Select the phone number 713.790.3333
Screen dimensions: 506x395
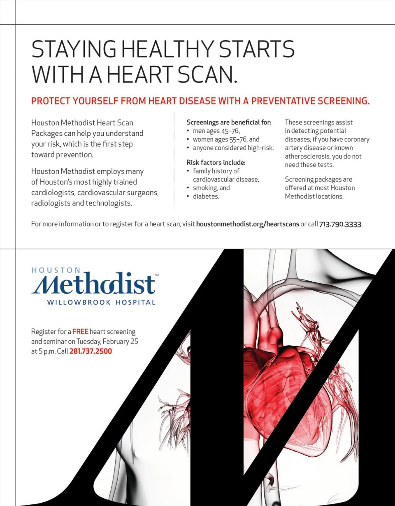click(340, 224)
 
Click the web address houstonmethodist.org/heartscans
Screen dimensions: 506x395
click(248, 224)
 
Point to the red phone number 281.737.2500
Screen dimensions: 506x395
click(91, 352)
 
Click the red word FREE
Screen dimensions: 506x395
click(81, 332)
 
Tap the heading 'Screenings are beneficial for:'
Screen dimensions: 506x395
click(229, 122)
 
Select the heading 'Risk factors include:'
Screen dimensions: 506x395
click(216, 163)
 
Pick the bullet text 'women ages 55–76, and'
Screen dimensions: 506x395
click(226, 139)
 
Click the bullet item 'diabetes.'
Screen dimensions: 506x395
click(206, 196)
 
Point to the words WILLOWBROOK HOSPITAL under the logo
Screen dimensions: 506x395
click(101, 303)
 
